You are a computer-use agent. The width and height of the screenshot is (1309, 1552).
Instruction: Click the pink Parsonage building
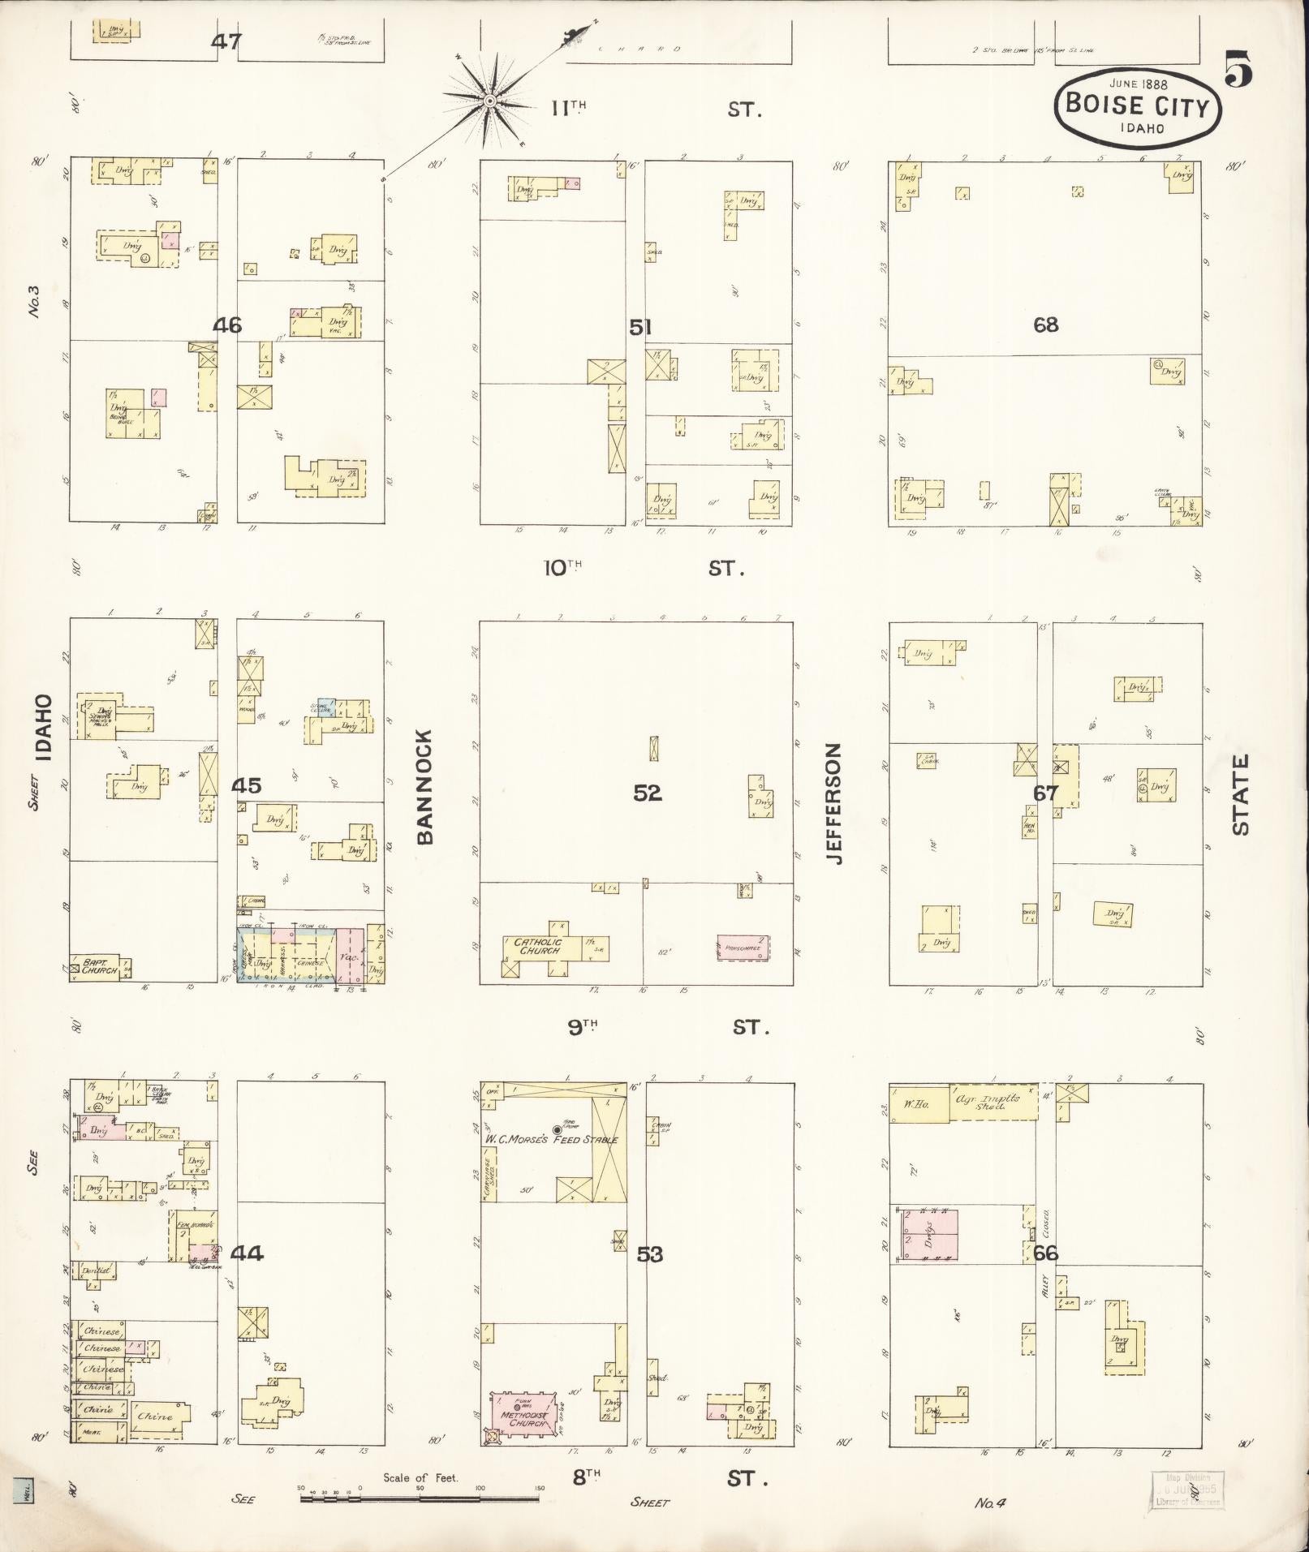point(743,948)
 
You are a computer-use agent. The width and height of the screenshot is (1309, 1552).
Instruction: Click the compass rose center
point(490,101)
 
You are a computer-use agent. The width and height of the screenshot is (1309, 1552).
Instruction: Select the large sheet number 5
point(1238,68)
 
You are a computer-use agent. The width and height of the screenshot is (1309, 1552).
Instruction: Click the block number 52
point(647,792)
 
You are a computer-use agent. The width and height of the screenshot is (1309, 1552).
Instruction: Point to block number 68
point(1045,325)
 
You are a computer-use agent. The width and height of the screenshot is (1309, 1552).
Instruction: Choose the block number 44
point(247,1253)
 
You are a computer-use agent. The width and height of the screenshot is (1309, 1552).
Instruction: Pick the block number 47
point(226,41)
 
